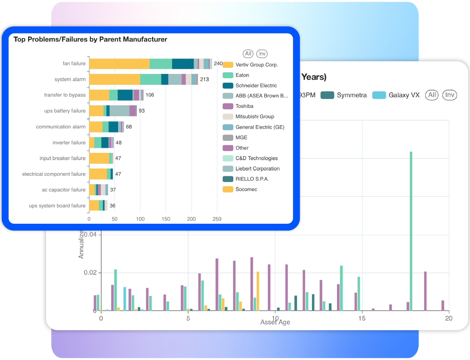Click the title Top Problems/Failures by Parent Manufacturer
tap(91, 39)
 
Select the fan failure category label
tap(74, 64)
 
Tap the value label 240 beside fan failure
tap(218, 64)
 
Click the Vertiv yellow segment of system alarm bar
tap(114, 79)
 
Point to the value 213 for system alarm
tap(204, 79)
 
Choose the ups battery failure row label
tap(65, 111)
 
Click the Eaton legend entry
tap(242, 75)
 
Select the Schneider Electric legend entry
tap(256, 86)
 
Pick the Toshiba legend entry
tap(244, 106)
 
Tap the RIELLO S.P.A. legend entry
tap(252, 179)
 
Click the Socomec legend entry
tap(246, 189)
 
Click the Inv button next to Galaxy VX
tap(450, 95)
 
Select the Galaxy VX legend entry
tap(404, 95)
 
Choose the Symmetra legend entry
tap(351, 95)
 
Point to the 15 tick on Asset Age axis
tap(362, 318)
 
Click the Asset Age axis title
tap(275, 322)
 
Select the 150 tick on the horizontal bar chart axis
tap(166, 219)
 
